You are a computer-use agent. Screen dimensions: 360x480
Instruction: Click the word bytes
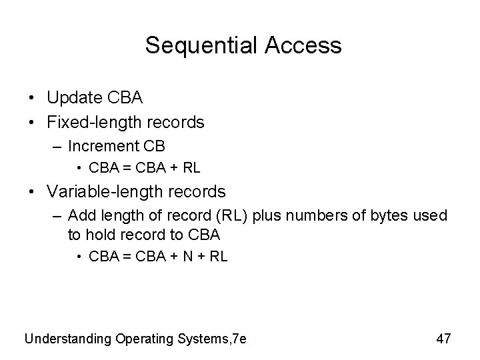pyautogui.click(x=377, y=216)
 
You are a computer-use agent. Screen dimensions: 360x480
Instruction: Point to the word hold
pyautogui.click(x=99, y=234)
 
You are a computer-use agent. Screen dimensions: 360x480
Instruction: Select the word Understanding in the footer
pyautogui.click(x=67, y=339)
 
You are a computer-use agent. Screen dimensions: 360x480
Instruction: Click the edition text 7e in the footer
pyautogui.click(x=239, y=339)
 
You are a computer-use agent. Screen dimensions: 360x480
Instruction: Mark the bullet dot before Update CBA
pyautogui.click(x=32, y=99)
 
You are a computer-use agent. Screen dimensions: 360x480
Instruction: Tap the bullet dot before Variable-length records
pyautogui.click(x=32, y=193)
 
